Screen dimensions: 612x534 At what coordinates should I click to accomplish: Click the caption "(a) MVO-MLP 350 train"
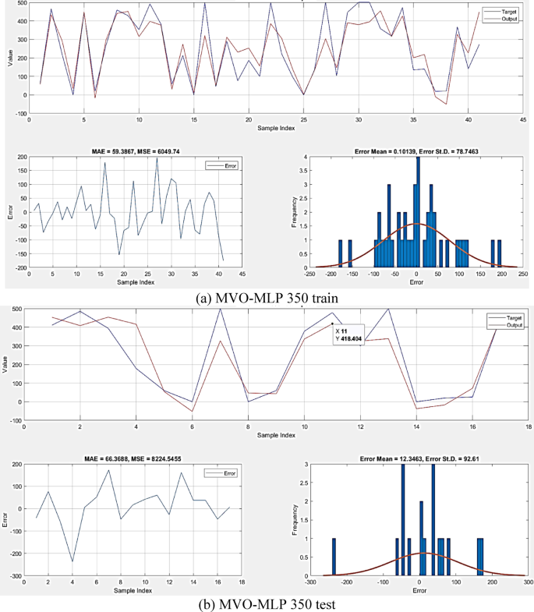click(x=266, y=296)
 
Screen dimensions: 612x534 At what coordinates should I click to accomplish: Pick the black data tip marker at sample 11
click(x=332, y=324)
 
